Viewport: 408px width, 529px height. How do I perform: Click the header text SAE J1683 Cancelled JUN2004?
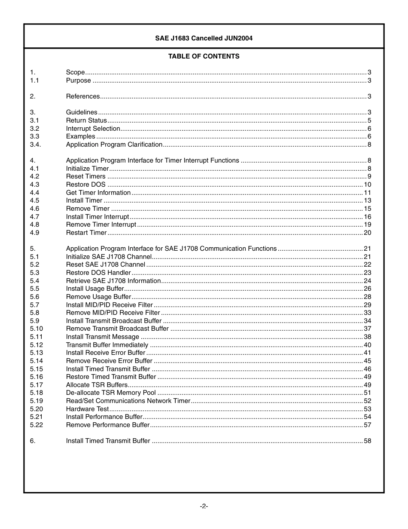(204, 38)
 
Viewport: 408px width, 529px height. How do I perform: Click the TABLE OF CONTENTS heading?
(204, 56)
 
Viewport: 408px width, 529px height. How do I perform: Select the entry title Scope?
(75, 72)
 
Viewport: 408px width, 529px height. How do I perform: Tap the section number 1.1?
(34, 80)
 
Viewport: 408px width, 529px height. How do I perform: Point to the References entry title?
(83, 96)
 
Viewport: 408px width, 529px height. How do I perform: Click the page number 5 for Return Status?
(369, 120)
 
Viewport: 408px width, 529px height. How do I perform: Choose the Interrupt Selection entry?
(93, 129)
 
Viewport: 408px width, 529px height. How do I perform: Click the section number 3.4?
(36, 145)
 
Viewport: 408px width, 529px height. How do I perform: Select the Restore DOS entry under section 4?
(85, 185)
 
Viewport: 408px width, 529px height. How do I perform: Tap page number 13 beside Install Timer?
(367, 200)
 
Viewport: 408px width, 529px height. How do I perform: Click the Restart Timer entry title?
(86, 233)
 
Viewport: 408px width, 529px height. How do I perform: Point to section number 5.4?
(34, 281)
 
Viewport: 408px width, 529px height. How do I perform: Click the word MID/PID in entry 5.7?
(98, 305)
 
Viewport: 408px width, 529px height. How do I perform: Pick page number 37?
(367, 329)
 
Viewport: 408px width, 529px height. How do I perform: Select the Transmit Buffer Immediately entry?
(107, 345)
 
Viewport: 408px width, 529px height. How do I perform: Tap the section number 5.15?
(37, 369)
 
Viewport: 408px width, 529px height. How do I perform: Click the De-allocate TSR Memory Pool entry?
(111, 393)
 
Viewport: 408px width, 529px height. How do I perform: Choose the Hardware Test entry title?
(87, 409)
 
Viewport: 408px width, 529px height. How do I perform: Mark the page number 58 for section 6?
(367, 441)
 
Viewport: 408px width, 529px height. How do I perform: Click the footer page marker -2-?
(204, 506)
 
